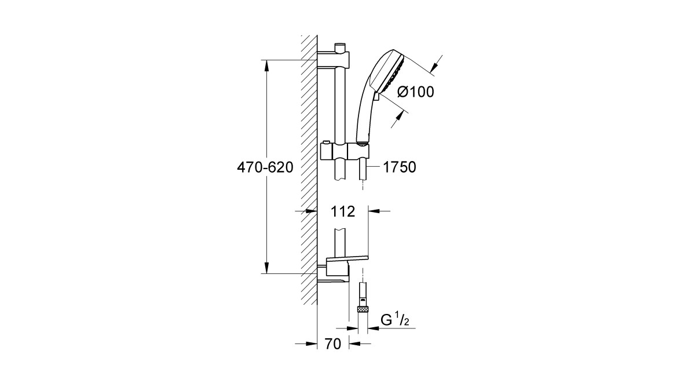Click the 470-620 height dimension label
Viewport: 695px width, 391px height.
pos(265,167)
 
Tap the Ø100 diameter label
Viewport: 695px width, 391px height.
pos(415,92)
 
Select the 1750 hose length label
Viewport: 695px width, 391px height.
pos(400,167)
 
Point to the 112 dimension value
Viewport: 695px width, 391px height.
pos(342,211)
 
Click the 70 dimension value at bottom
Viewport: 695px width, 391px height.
pos(333,344)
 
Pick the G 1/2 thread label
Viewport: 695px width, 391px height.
pos(394,320)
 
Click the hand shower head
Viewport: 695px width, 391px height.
pos(389,75)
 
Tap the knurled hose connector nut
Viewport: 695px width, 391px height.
pos(363,309)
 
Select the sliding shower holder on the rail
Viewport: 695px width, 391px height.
pos(345,151)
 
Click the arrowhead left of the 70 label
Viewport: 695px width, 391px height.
pos(311,344)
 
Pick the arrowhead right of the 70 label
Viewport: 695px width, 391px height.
pos(355,344)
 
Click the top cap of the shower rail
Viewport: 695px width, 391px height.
pos(340,47)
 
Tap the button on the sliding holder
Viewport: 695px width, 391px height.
pos(325,142)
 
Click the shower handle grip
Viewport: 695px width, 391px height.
pos(364,121)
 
